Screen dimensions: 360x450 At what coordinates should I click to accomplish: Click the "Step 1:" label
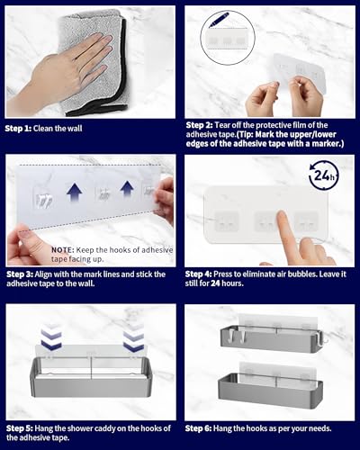coord(18,129)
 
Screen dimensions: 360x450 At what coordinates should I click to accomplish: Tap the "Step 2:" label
coord(200,125)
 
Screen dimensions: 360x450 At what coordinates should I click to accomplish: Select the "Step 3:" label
coord(20,274)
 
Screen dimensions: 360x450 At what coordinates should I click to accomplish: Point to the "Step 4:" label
coord(199,274)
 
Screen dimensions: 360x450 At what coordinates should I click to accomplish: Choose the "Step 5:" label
coord(20,428)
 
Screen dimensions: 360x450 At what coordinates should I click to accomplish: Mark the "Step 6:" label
coord(199,428)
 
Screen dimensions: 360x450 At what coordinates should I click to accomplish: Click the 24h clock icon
coord(324,175)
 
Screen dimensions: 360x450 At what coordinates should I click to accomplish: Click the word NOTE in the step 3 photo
coord(62,249)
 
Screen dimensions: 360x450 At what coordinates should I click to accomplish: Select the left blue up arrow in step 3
coord(75,193)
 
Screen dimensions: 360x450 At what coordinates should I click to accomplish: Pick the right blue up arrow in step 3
coord(127,189)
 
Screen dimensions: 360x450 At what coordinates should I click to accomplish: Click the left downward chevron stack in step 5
coord(51,337)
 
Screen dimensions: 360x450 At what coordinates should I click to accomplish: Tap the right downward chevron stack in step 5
coord(133,337)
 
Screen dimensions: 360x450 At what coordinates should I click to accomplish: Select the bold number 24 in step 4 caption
coord(215,283)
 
